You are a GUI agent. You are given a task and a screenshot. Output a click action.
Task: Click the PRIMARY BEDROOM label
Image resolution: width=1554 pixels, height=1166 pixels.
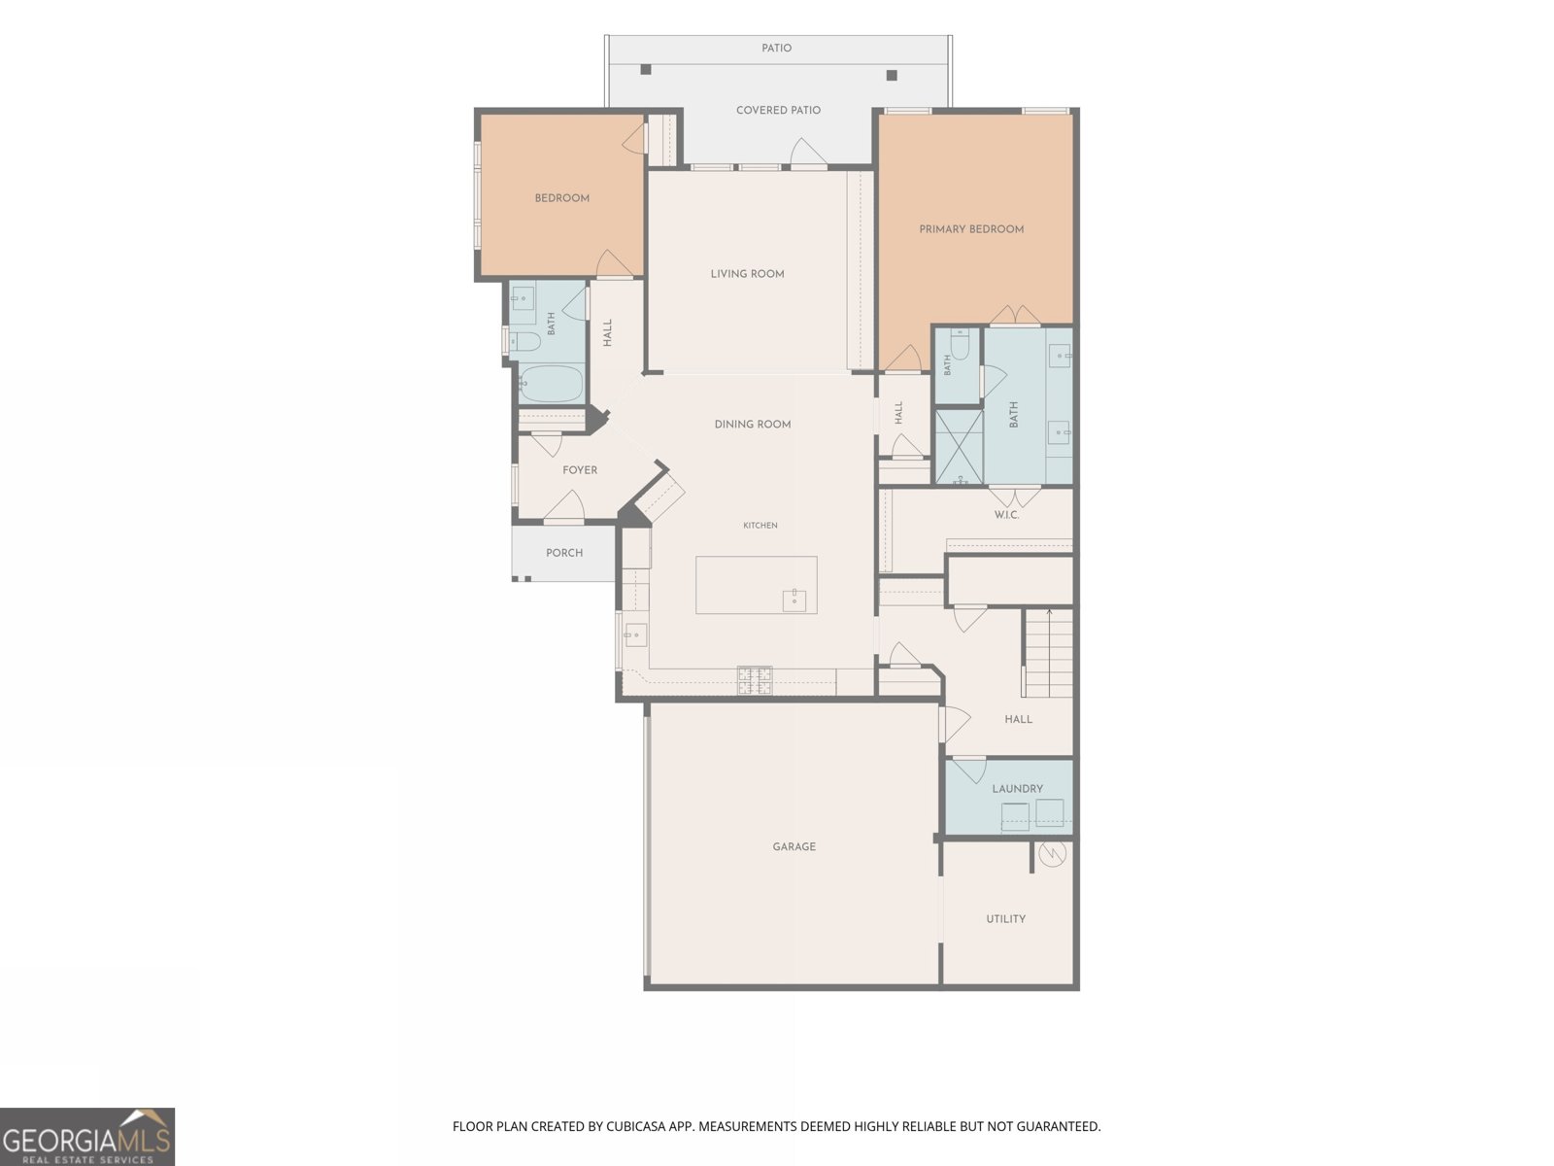point(971,229)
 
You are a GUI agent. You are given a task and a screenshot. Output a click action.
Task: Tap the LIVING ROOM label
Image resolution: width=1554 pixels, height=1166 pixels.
point(748,274)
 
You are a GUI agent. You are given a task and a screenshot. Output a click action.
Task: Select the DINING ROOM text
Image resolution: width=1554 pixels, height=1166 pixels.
point(753,424)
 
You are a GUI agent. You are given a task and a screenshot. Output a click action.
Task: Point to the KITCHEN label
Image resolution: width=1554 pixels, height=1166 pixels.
point(760,526)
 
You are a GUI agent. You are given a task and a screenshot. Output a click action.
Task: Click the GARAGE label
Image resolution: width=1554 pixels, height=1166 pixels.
point(794,846)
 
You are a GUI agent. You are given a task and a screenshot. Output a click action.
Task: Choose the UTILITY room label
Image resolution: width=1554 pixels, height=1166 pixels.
point(1006,919)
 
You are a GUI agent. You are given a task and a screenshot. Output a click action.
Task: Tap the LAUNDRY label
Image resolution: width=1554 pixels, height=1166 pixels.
point(1017,789)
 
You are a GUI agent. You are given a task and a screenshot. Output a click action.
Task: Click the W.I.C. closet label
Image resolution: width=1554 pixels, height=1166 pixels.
point(1007,515)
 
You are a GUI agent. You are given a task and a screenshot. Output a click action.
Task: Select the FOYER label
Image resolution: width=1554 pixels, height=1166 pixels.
point(580,470)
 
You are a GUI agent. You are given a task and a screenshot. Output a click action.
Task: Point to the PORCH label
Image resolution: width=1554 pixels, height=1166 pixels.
point(564,553)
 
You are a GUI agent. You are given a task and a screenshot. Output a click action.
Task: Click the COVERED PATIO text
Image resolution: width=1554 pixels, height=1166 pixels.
point(779,111)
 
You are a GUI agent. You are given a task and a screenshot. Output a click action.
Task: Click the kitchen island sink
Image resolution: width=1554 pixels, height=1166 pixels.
point(794,600)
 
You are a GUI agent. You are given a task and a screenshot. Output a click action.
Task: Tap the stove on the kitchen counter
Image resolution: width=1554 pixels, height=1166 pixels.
point(755,680)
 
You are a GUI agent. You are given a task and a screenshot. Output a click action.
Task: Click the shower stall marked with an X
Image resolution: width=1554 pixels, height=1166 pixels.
point(960,447)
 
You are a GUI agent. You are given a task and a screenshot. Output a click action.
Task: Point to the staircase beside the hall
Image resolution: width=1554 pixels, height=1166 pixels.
point(1049,653)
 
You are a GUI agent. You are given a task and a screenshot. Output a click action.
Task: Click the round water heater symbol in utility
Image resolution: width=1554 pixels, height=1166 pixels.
point(1052,854)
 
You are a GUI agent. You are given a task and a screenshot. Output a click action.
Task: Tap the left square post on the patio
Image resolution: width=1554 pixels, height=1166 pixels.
point(646,69)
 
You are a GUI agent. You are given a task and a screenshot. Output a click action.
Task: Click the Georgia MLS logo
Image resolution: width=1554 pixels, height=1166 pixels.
point(87,1137)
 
